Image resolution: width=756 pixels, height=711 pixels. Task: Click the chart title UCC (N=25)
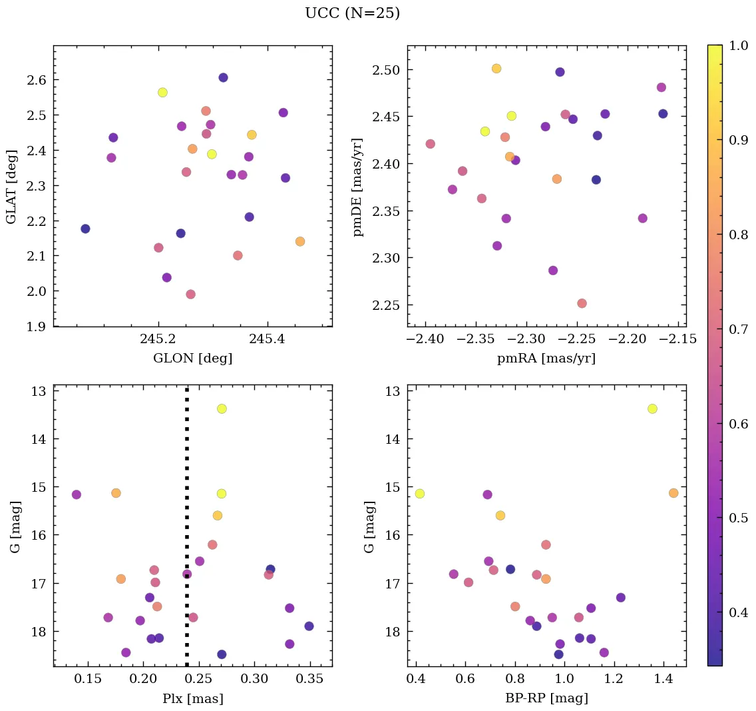tap(352, 13)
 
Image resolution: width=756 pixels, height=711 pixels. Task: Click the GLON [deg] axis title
tap(192, 358)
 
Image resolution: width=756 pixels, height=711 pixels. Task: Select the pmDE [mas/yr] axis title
tap(359, 186)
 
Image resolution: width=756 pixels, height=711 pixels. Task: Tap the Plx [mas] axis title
tap(192, 698)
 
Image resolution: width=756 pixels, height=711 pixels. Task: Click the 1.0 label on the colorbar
tap(739, 45)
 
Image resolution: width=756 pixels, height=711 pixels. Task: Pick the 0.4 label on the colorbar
tap(739, 612)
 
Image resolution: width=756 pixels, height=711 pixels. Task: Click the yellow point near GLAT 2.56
tap(162, 93)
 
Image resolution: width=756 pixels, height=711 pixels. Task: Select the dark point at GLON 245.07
tap(85, 229)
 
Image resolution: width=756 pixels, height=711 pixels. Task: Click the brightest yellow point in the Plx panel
tap(222, 408)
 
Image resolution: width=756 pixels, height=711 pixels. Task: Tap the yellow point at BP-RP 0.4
tap(419, 494)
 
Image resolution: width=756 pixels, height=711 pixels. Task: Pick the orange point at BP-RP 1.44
tap(673, 493)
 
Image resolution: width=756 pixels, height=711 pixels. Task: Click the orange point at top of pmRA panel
tap(496, 69)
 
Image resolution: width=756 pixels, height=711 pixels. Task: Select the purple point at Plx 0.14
tap(77, 494)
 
